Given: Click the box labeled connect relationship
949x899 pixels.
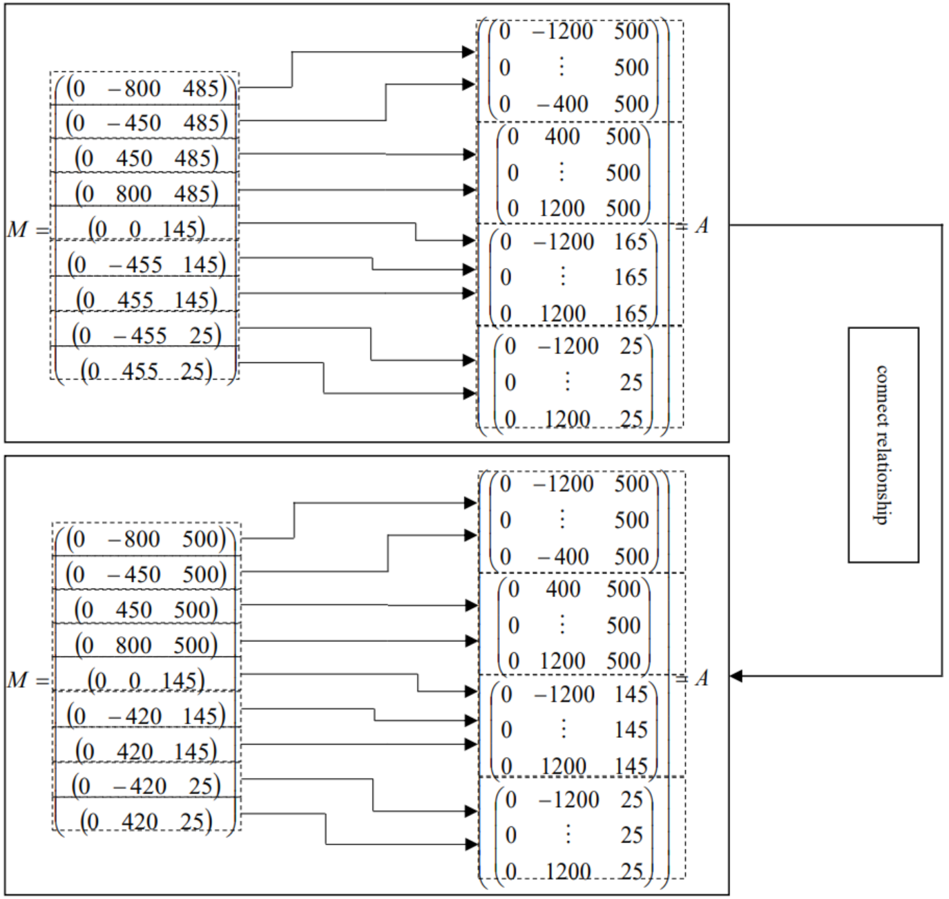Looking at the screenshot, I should pyautogui.click(x=883, y=444).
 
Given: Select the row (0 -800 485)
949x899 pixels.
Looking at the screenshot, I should pyautogui.click(x=146, y=88).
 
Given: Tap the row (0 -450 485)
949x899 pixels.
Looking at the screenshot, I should pyautogui.click(x=146, y=123).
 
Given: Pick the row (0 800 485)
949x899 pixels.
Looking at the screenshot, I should pyautogui.click(x=146, y=193).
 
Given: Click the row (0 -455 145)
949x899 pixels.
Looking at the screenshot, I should pyautogui.click(x=146, y=264).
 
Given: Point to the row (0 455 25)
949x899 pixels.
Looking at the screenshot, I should pyautogui.click(x=146, y=371).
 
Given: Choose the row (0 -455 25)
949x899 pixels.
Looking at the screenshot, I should pyautogui.click(x=146, y=335).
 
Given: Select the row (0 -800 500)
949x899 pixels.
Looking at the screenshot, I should pyautogui.click(x=146, y=539).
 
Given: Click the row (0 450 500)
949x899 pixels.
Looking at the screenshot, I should pyautogui.click(x=146, y=609).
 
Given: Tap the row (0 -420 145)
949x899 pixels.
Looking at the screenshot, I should pyautogui.click(x=146, y=715).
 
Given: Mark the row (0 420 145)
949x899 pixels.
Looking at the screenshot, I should pyautogui.click(x=146, y=750).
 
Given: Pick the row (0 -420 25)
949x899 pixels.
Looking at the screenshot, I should pyautogui.click(x=146, y=786).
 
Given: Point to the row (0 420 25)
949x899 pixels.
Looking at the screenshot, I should pyautogui.click(x=146, y=822).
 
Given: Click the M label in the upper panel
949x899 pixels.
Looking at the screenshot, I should pyautogui.click(x=18, y=229).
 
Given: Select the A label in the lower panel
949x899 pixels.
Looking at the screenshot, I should pyautogui.click(x=702, y=678).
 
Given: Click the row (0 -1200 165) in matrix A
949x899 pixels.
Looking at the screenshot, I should pyautogui.click(x=574, y=242).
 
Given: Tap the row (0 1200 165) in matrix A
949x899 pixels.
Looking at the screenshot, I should pyautogui.click(x=574, y=314).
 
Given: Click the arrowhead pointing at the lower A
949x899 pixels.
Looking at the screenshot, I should pyautogui.click(x=736, y=676).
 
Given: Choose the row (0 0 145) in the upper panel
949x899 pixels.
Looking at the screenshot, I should pyautogui.click(x=146, y=229).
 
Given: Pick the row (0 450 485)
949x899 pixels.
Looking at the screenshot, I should pyautogui.click(x=146, y=158).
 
